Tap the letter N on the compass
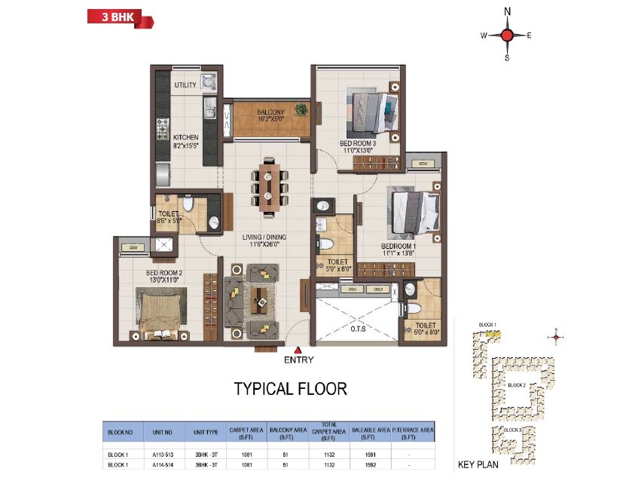(x=507, y=11)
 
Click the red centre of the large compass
(x=507, y=35)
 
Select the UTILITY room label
(x=185, y=85)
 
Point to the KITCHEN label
(x=185, y=138)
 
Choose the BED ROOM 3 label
(x=357, y=143)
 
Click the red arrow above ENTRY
(x=298, y=350)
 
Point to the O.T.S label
(x=352, y=329)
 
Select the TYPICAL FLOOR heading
(x=291, y=389)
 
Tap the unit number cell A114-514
(x=163, y=465)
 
